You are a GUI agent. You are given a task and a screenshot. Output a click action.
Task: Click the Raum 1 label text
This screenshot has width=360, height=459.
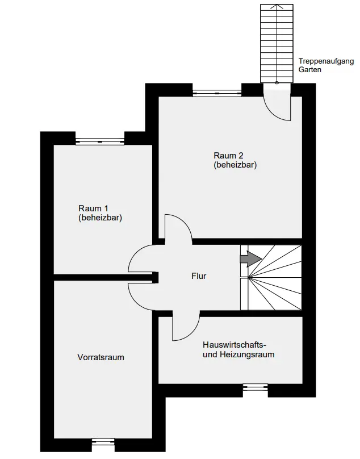(92, 207)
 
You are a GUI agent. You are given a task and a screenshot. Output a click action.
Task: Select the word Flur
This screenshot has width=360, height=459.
(198, 277)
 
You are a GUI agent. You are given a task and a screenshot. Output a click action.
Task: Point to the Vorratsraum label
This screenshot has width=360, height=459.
(101, 357)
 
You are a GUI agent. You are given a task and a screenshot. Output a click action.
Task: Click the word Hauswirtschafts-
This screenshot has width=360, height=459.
(235, 345)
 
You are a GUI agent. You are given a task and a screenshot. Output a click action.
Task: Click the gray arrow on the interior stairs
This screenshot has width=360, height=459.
(250, 259)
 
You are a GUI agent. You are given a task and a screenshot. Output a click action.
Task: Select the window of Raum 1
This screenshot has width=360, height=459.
(100, 141)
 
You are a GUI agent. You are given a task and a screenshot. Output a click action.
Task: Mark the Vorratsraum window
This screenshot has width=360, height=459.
(103, 440)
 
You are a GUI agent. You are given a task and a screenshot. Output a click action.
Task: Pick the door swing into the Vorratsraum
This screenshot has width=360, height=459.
(141, 294)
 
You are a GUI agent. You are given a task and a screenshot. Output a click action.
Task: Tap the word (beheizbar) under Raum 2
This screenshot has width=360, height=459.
(236, 165)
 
